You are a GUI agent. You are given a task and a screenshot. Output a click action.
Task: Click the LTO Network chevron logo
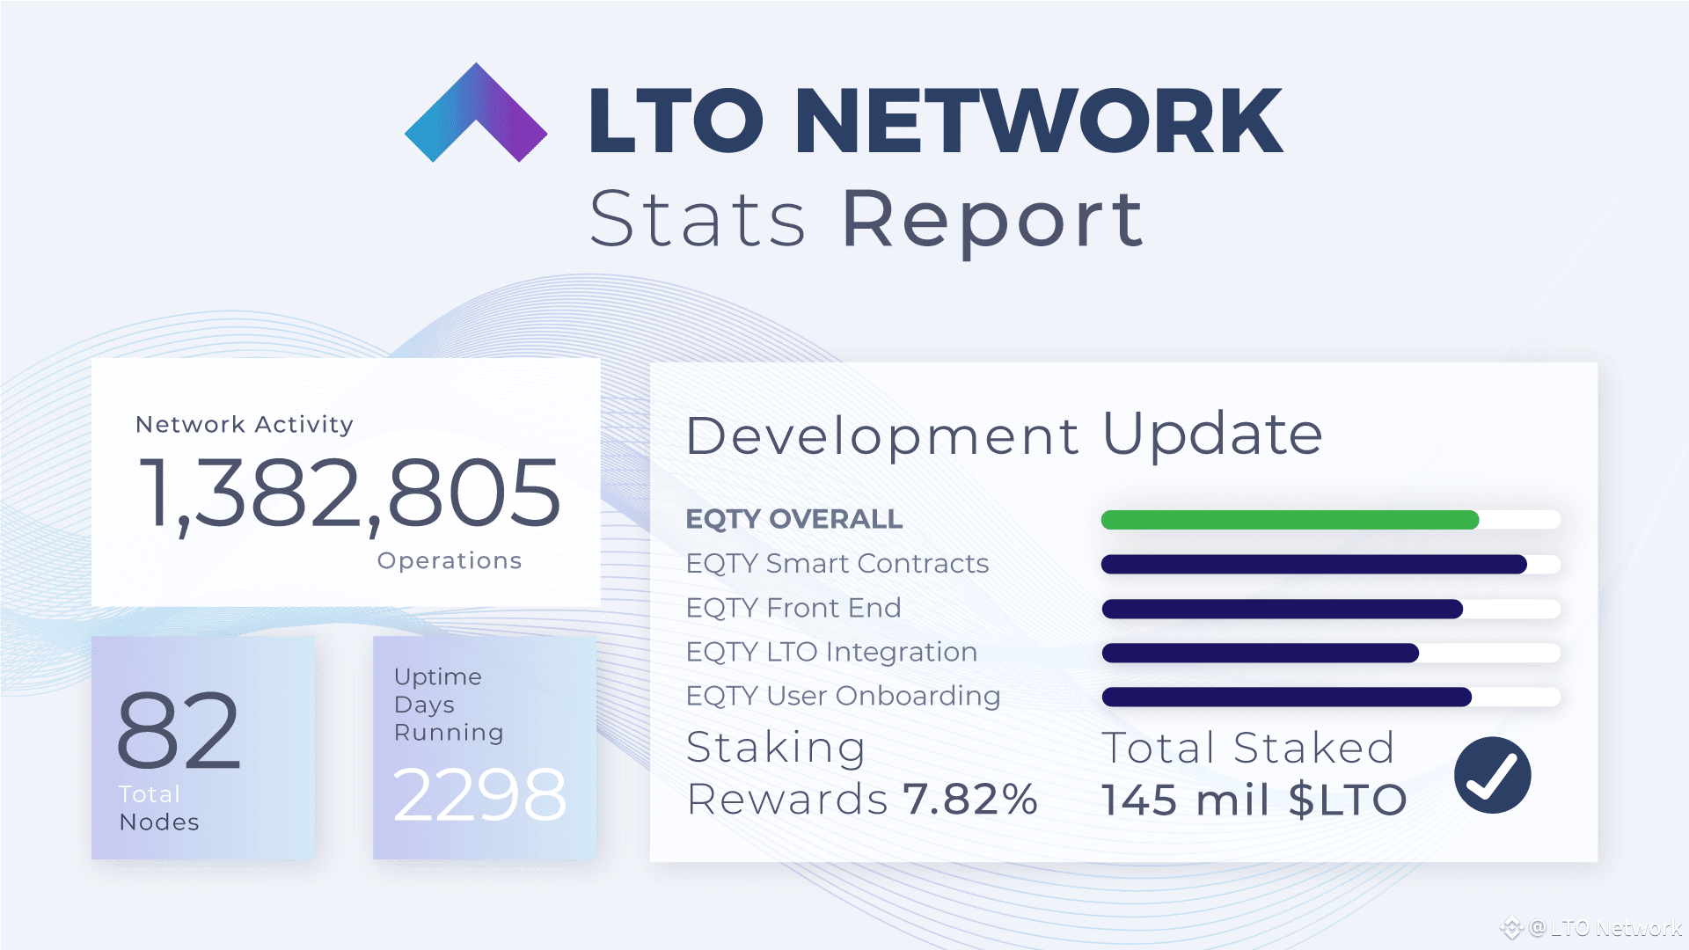[x=476, y=114]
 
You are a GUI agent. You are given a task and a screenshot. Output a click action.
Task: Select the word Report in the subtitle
[x=993, y=219]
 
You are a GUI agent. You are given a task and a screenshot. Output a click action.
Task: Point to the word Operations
[x=450, y=561]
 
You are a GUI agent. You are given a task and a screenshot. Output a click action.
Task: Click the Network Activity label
[x=245, y=425]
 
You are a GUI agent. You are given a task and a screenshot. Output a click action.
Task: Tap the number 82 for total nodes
[x=179, y=730]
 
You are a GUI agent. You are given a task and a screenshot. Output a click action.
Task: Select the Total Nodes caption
[x=159, y=807]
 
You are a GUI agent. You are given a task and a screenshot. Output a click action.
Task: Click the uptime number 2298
[x=479, y=795]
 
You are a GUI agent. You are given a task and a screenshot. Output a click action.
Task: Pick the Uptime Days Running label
[x=449, y=705]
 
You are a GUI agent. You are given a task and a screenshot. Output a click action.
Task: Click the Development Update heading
[x=1004, y=435]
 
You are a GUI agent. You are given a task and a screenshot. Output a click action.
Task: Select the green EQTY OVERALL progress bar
[x=1290, y=520]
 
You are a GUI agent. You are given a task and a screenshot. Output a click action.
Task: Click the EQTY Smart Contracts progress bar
[x=1313, y=565]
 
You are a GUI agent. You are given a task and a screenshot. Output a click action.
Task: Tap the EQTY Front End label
[x=793, y=608]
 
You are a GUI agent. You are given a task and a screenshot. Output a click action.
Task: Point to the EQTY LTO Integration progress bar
[x=1260, y=653]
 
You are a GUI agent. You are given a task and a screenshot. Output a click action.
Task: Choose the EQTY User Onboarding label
[x=843, y=696]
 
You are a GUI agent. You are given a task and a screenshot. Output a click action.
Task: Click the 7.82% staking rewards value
[x=970, y=800]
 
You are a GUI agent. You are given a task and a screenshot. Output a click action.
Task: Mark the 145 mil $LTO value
[x=1254, y=800]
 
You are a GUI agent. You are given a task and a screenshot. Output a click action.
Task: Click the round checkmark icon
[x=1493, y=775]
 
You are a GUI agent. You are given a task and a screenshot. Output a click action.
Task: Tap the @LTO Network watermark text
[x=1605, y=928]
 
